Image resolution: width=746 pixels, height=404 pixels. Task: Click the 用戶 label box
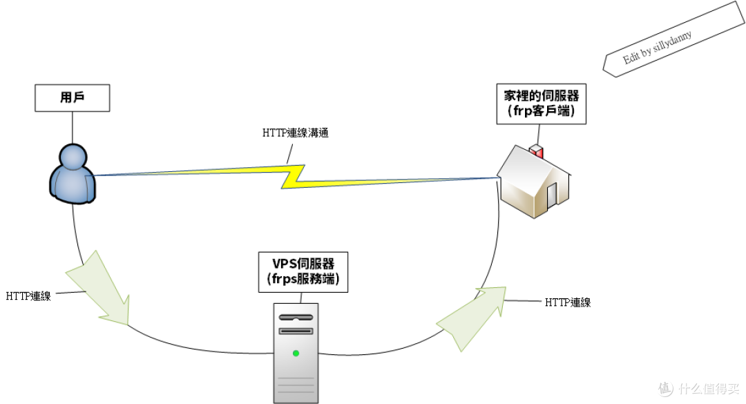[x=73, y=97]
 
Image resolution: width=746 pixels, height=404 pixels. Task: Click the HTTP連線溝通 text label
[x=295, y=133]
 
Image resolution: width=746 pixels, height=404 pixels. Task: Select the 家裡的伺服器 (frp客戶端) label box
[x=541, y=104]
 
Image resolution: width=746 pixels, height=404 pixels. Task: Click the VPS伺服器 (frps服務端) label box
[x=303, y=271]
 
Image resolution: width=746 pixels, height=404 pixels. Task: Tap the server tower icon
[x=296, y=352]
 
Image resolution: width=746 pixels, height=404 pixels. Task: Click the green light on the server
[x=296, y=354]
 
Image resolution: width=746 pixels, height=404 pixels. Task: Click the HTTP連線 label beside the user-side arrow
[x=28, y=296]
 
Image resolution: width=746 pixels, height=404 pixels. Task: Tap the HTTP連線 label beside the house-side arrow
[x=568, y=302]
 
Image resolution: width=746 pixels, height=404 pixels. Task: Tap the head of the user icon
[x=73, y=157]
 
